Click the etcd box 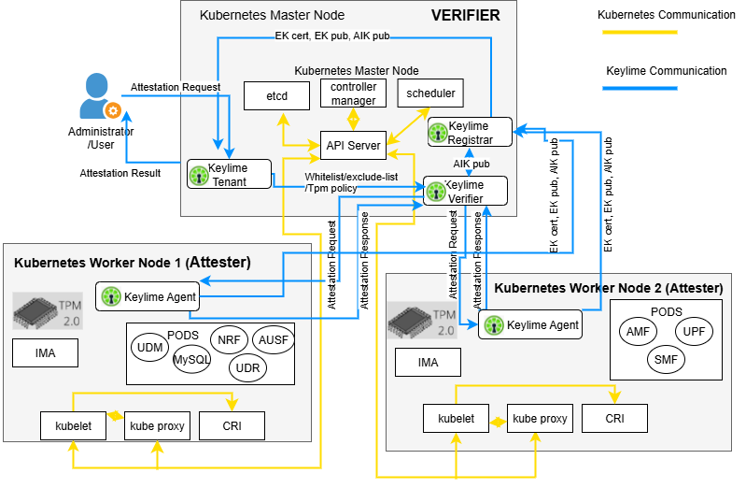tap(277, 94)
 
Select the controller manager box tap(354, 93)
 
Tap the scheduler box tap(430, 93)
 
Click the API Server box tap(354, 144)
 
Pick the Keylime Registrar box tap(471, 132)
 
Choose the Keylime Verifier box tap(466, 191)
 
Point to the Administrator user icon tap(96, 98)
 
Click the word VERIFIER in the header tap(465, 15)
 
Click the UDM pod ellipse tap(149, 346)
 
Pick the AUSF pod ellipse tap(274, 339)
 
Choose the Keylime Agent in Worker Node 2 tap(530, 325)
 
